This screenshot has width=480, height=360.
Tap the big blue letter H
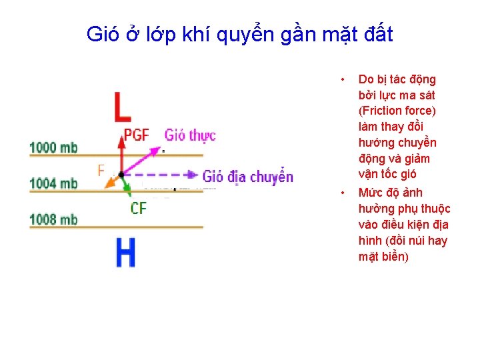point(125,252)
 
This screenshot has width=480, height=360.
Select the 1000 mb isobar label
point(53,147)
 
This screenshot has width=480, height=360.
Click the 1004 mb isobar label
point(53,183)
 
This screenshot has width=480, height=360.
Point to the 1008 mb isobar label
point(53,219)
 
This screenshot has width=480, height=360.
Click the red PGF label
point(137,135)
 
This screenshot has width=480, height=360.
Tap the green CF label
point(139,209)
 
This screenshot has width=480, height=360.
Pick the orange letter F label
point(101,171)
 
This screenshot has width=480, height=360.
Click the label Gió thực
point(190,135)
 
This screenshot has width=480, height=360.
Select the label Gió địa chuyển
point(248,177)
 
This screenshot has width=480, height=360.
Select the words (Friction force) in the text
point(397,111)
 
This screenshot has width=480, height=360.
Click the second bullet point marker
point(342,193)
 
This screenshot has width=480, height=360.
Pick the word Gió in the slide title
point(101,34)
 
